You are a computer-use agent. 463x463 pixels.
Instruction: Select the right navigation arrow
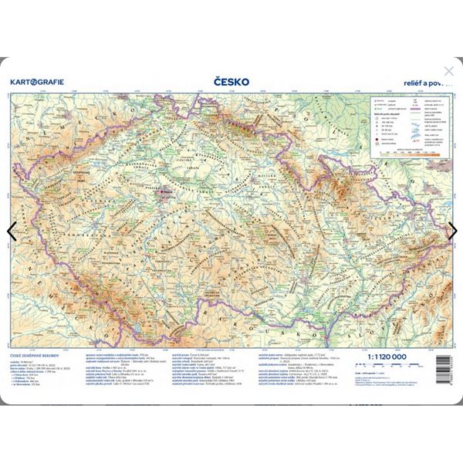tap(452, 230)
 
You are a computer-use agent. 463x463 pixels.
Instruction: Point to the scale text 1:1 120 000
tap(386, 357)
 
